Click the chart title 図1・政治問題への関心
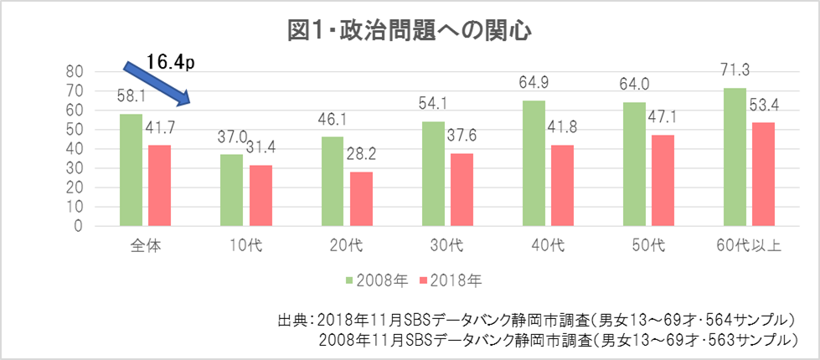(x=410, y=31)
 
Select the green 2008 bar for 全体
(x=131, y=170)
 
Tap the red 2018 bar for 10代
(x=260, y=195)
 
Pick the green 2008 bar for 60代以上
(x=735, y=157)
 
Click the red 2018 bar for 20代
(x=361, y=198)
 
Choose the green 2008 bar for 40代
(x=534, y=163)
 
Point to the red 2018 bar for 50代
(x=663, y=180)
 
